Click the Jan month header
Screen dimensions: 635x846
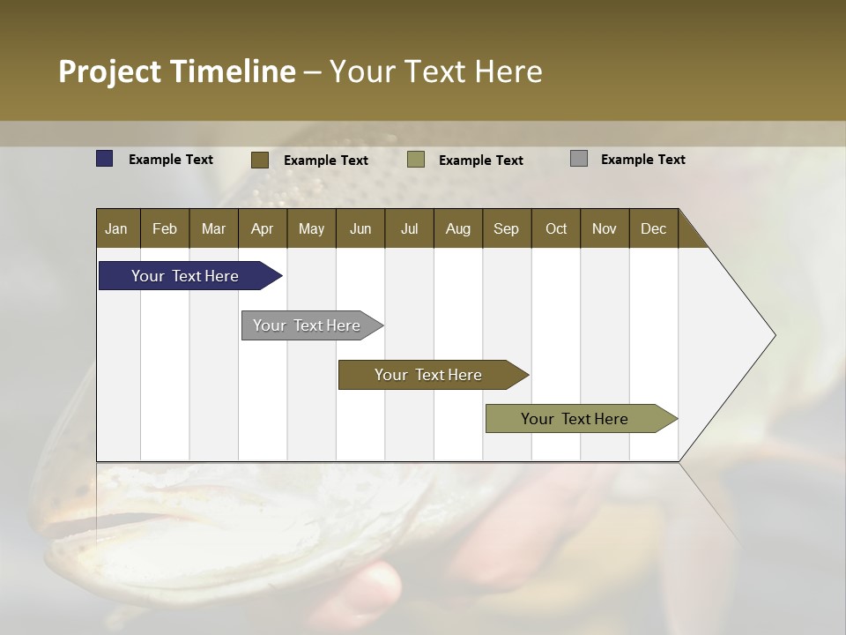[116, 228]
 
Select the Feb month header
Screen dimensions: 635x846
[165, 228]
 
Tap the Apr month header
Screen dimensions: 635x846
[262, 228]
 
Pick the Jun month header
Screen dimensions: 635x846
[360, 228]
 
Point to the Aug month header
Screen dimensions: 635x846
[457, 228]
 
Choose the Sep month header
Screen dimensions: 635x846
[506, 228]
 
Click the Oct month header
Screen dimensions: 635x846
[556, 228]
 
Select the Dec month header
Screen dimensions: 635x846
[653, 228]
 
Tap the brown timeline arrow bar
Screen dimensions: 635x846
[429, 375]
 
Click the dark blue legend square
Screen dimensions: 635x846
[105, 159]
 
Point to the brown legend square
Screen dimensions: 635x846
[260, 160]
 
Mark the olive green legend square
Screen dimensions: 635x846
[416, 160]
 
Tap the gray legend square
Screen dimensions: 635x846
[579, 159]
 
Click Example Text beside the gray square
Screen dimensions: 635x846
[642, 159]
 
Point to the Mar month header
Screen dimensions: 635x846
[213, 228]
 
